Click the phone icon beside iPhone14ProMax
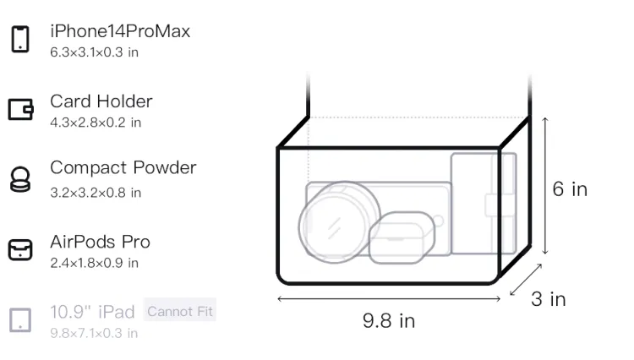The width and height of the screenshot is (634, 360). [x=20, y=39]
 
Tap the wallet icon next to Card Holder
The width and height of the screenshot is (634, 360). [x=20, y=110]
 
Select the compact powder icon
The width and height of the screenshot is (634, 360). [x=19, y=179]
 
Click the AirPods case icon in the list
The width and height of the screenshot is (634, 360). [x=20, y=249]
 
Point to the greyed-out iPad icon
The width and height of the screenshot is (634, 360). [x=20, y=320]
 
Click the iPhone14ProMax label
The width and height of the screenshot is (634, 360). [x=120, y=31]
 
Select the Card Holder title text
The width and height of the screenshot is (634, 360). [x=101, y=101]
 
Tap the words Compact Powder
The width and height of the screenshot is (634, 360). [x=123, y=167]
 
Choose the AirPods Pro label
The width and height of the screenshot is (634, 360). [x=101, y=242]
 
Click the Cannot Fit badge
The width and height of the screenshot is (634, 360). [x=180, y=311]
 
